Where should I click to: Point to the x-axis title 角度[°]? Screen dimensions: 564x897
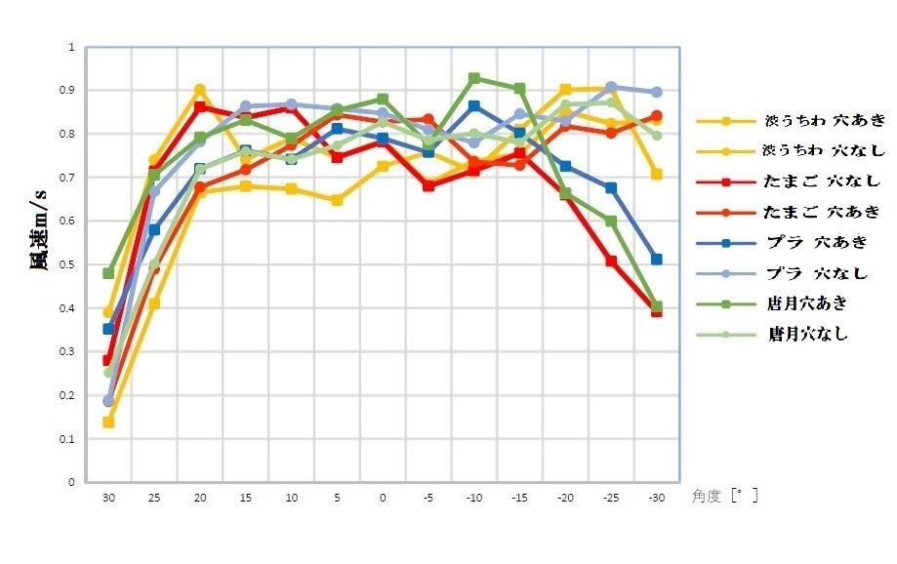coord(724,497)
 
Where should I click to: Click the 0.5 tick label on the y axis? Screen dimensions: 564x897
coord(68,264)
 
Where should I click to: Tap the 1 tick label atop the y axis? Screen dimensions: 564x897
coord(71,47)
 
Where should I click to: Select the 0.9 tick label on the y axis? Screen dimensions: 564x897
coord(68,91)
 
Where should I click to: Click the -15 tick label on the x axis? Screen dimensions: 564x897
coord(519,498)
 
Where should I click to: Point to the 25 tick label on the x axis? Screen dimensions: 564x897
coord(153,498)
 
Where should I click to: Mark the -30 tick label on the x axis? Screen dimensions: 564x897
coord(656,498)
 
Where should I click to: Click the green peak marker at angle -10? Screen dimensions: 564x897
coord(474,78)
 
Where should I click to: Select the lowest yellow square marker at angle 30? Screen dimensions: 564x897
coord(108,423)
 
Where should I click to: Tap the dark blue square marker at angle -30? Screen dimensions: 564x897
coord(657,260)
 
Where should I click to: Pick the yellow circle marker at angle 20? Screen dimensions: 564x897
coord(199,90)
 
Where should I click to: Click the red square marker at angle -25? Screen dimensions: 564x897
coord(611,262)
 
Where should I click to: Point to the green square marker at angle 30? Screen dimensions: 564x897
coord(108,273)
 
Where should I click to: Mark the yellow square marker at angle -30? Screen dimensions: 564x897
coord(657,174)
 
